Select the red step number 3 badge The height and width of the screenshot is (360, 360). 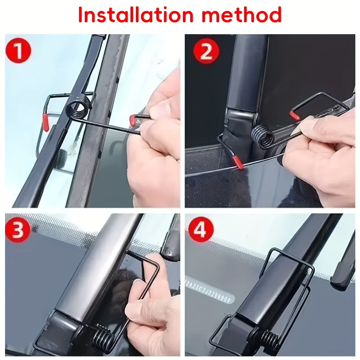pos(18,230)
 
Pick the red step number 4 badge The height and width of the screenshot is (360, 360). pos(200,229)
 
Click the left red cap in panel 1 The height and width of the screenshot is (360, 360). pos(46,122)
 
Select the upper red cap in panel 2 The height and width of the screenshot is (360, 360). pos(295,115)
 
